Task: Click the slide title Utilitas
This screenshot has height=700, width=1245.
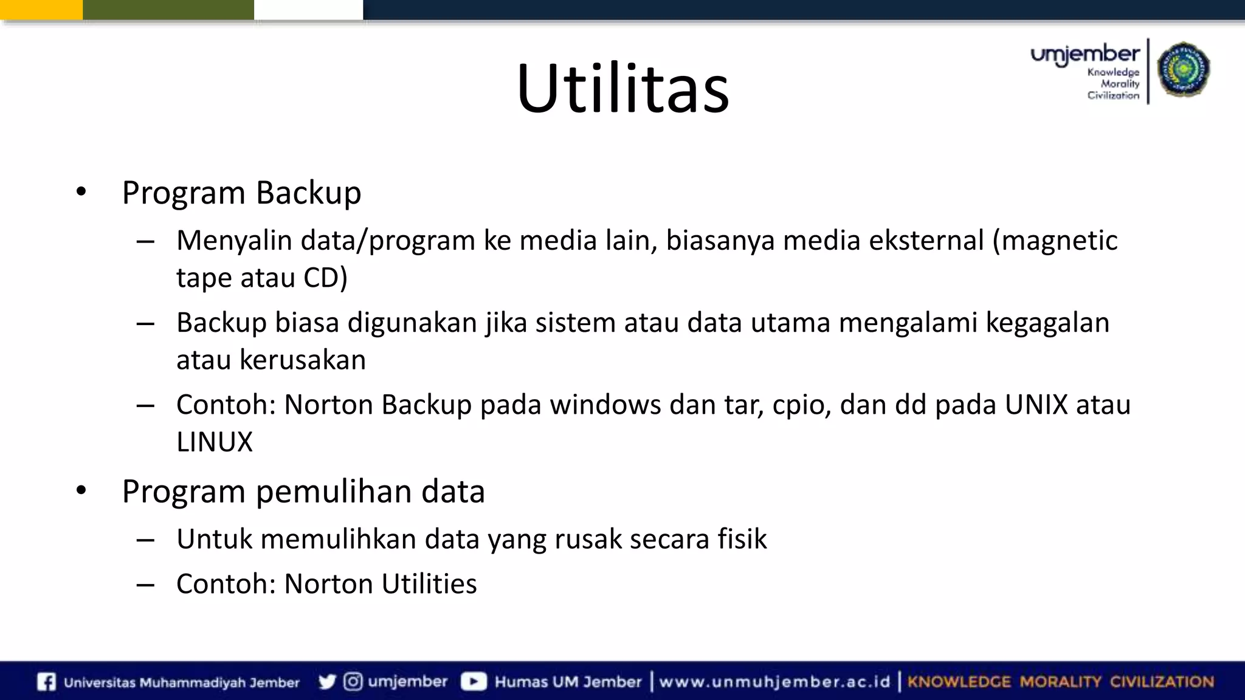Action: click(622, 89)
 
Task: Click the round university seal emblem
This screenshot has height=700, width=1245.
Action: click(1183, 70)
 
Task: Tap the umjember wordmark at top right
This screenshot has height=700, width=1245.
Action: click(1085, 55)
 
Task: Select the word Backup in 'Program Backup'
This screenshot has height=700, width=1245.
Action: click(308, 193)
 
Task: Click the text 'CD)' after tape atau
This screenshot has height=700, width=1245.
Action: click(325, 278)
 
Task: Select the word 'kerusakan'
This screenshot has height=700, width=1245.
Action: click(302, 360)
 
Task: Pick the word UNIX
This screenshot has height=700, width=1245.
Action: click(1036, 405)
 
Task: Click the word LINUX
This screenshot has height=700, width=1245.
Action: click(214, 442)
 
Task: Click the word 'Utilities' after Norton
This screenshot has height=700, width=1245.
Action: click(429, 584)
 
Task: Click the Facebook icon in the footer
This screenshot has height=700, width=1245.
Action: click(46, 682)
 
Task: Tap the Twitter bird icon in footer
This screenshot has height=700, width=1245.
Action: click(327, 682)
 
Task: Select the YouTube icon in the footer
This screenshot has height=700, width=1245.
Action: click(474, 682)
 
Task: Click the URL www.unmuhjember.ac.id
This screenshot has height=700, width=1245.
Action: click(774, 682)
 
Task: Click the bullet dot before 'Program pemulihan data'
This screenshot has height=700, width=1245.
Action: click(81, 490)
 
